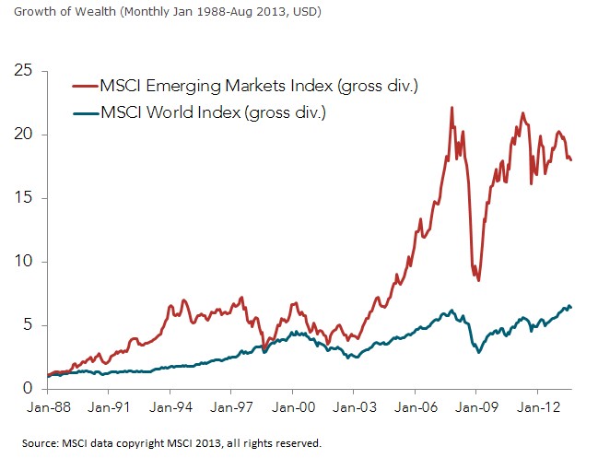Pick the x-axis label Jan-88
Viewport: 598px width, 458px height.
tap(48, 406)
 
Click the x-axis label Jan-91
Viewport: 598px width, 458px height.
tap(109, 406)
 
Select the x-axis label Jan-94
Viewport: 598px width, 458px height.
tap(170, 406)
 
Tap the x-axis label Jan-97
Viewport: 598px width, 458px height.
tap(232, 406)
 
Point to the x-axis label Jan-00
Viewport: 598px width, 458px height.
tap(293, 406)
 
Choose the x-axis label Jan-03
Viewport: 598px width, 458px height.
tap(355, 406)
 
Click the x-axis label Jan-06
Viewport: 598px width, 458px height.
tap(416, 406)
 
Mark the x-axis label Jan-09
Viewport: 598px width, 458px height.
tap(476, 406)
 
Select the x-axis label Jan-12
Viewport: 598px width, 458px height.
tap(538, 406)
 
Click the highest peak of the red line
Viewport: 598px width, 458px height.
tap(451, 108)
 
